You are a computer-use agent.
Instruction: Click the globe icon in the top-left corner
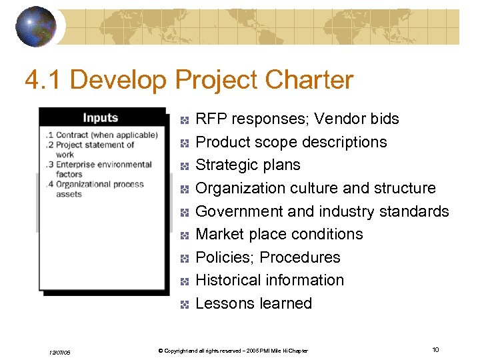pos(35,26)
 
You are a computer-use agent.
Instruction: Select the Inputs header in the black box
pos(100,118)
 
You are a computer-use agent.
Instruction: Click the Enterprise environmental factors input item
pos(100,169)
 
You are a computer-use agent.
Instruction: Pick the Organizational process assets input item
pos(97,189)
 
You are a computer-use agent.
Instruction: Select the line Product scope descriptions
pos(291,142)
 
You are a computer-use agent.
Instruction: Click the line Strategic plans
pos(247,165)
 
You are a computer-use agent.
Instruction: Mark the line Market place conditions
pos(279,234)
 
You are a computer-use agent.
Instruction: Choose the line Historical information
pos(269,280)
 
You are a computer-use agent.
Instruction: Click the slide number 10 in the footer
pos(435,350)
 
